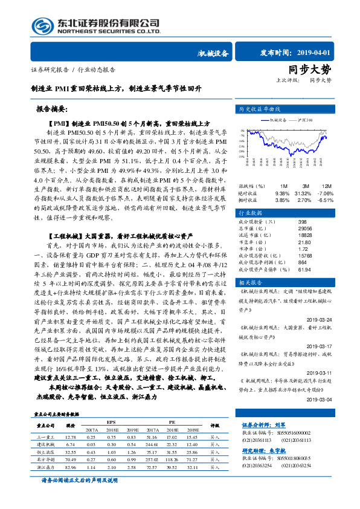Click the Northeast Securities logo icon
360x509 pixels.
pyautogui.click(x=42, y=25)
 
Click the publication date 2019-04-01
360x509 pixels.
pyautogui.click(x=309, y=53)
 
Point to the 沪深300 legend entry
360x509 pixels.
pyautogui.click(x=304, y=120)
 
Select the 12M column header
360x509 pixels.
pyautogui.click(x=327, y=186)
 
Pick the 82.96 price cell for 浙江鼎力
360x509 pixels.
pyautogui.click(x=70, y=467)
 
